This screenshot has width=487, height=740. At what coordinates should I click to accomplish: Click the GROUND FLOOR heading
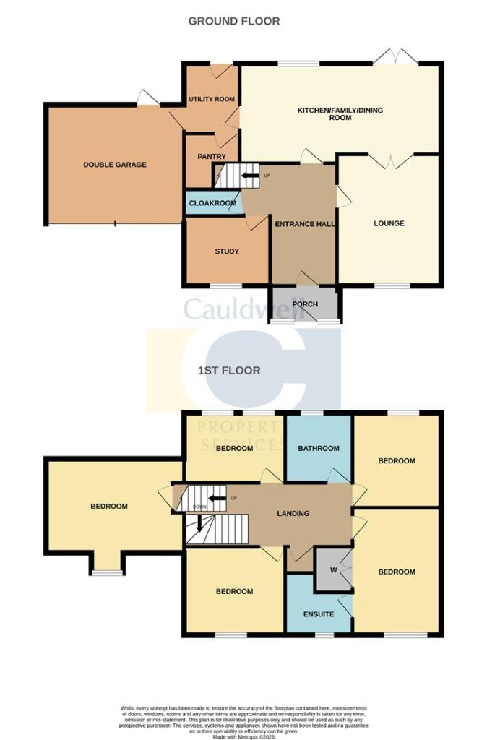pyautogui.click(x=234, y=22)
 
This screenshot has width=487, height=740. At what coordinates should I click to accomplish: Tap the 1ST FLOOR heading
pyautogui.click(x=229, y=371)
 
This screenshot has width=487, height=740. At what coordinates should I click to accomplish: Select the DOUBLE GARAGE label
pyautogui.click(x=115, y=165)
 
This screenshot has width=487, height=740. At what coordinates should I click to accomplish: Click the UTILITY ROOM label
pyautogui.click(x=212, y=99)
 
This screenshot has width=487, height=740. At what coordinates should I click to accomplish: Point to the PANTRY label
pyautogui.click(x=212, y=157)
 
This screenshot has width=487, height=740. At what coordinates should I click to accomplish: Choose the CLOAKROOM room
pyautogui.click(x=212, y=203)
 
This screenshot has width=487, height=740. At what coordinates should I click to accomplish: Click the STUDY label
pyautogui.click(x=226, y=251)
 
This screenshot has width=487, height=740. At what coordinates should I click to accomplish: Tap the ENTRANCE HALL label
pyautogui.click(x=304, y=224)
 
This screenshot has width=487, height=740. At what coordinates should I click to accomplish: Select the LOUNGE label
pyautogui.click(x=389, y=223)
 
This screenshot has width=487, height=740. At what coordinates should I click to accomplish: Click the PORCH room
pyautogui.click(x=306, y=304)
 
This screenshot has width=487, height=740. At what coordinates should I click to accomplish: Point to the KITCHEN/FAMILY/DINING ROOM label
pyautogui.click(x=340, y=114)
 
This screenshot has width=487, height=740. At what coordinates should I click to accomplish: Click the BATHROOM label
pyautogui.click(x=319, y=448)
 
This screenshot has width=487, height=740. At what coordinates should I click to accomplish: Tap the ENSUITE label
pyautogui.click(x=319, y=614)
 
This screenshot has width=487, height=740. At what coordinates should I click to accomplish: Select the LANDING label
pyautogui.click(x=293, y=514)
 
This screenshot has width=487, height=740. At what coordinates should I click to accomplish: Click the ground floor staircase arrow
pyautogui.click(x=249, y=176)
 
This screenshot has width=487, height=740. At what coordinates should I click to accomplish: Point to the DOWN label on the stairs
pyautogui.click(x=199, y=507)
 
